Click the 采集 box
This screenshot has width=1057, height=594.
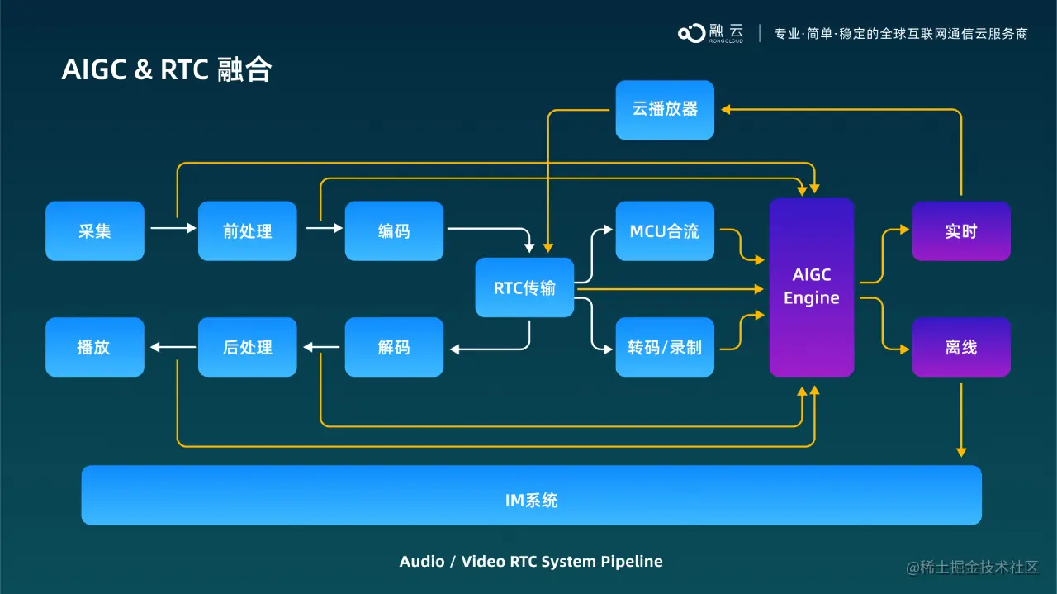click(x=95, y=231)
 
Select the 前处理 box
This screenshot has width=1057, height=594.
click(x=247, y=231)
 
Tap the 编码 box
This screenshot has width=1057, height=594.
click(x=394, y=231)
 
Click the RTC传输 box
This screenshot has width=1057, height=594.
click(x=524, y=287)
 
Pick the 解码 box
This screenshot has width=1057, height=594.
click(x=394, y=347)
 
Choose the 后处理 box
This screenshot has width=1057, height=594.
click(x=247, y=347)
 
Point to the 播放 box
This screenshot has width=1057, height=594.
click(x=95, y=347)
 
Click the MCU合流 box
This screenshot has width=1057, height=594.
click(x=665, y=231)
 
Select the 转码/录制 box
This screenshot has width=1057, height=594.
click(x=665, y=347)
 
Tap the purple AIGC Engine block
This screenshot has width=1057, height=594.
click(x=812, y=287)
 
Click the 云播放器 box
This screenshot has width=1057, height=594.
click(x=665, y=109)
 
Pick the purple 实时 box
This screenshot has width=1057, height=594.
click(x=960, y=231)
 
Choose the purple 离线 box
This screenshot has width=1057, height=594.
click(x=960, y=347)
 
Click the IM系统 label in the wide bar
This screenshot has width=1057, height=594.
click(x=531, y=500)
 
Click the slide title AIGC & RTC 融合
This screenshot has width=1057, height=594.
click(x=167, y=70)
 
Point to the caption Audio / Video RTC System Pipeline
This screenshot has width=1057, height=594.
click(x=531, y=562)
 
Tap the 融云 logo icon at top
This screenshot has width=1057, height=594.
click(x=692, y=33)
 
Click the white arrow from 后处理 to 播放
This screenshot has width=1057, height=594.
click(x=172, y=347)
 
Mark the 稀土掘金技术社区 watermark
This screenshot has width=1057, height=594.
click(x=972, y=567)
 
